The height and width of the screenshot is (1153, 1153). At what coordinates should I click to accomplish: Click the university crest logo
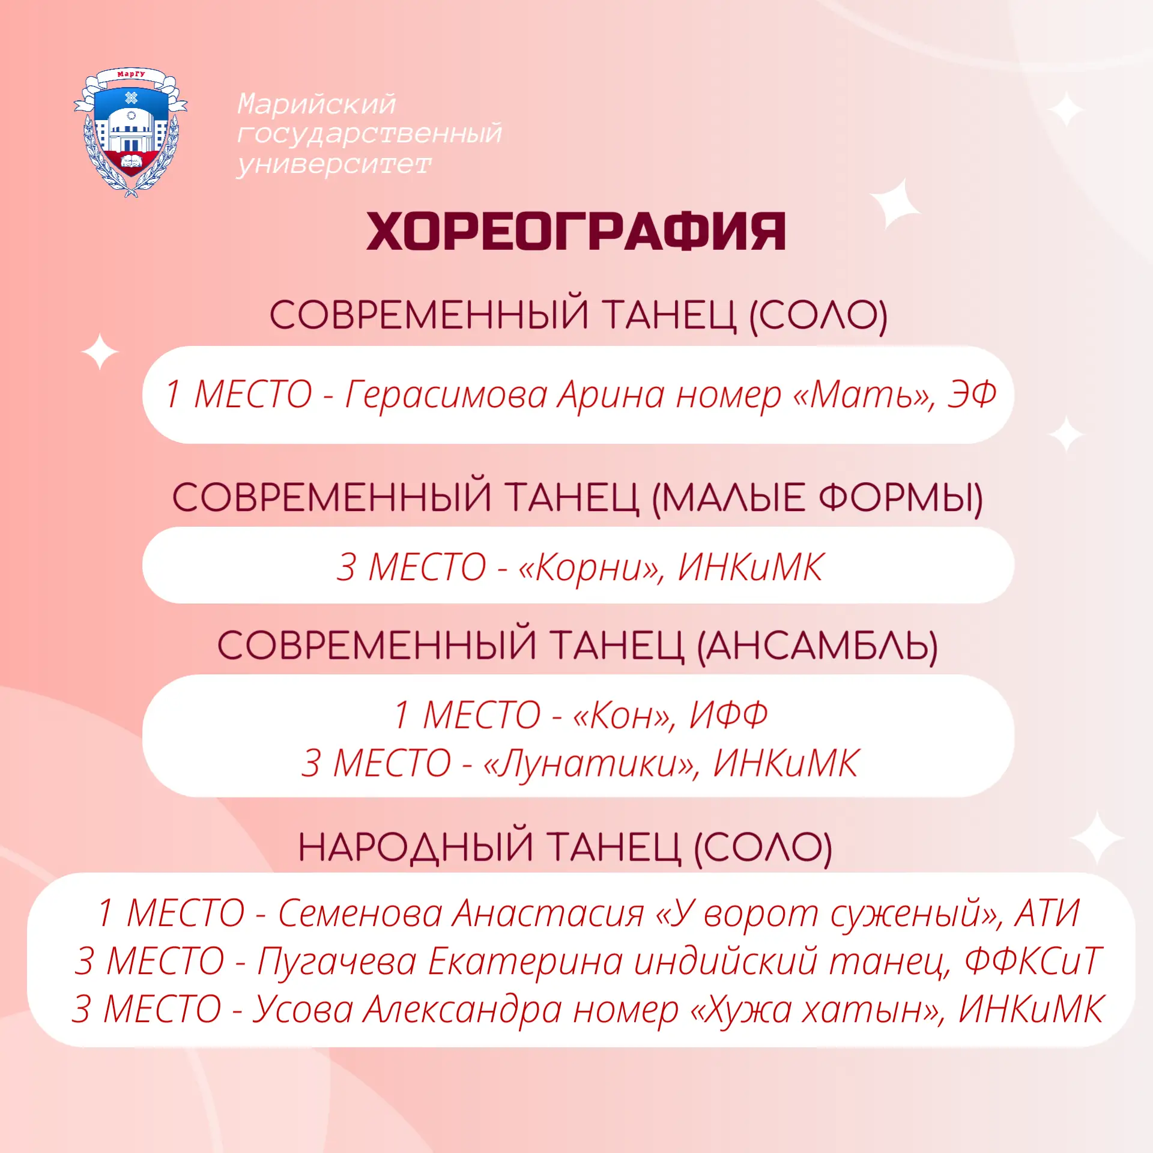tap(130, 132)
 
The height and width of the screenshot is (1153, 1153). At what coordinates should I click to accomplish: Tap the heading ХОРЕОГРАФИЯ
tap(576, 232)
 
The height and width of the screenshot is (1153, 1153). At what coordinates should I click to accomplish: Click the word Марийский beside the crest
tap(316, 104)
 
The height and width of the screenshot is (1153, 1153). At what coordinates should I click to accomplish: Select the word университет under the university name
tap(334, 164)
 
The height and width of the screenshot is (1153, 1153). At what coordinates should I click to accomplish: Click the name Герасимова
tap(446, 395)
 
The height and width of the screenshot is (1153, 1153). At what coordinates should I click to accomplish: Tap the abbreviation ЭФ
tap(972, 395)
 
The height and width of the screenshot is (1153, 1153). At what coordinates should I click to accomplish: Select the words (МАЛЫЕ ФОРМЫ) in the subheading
tap(817, 498)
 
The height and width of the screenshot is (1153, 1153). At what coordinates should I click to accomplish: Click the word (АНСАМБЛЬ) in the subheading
tap(817, 646)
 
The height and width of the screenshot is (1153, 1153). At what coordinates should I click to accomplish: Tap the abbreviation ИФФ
tap(728, 715)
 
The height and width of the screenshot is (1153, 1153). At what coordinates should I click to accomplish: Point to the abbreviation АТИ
tap(1047, 913)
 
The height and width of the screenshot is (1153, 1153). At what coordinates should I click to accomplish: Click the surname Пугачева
tap(337, 961)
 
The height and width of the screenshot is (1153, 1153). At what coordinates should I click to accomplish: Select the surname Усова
tap(303, 1009)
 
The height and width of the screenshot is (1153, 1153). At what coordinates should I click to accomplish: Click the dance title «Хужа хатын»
tap(819, 1009)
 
